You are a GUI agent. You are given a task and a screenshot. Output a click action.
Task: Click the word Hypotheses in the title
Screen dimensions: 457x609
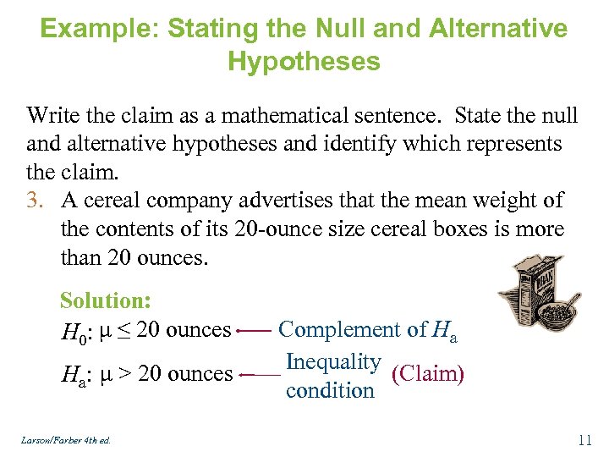coord(304,61)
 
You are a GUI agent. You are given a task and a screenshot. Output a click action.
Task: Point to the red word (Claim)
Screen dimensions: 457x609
coord(428,373)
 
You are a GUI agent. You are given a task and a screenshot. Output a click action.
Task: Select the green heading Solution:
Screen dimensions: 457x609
coord(106,300)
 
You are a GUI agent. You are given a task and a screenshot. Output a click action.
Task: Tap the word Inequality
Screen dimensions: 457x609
coord(332,362)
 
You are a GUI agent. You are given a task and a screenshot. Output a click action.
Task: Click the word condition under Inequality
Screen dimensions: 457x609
coord(330,391)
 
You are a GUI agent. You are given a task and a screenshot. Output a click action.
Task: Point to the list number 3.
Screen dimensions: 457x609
coord(36,201)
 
